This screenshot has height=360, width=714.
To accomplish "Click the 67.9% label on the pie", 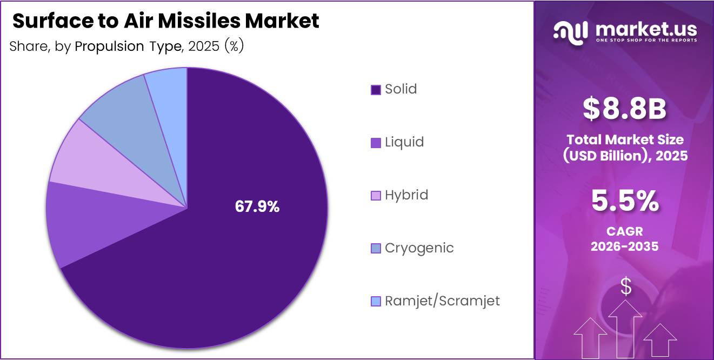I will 257,206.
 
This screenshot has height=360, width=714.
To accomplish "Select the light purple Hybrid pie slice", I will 86,162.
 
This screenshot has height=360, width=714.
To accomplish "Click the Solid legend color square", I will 376,90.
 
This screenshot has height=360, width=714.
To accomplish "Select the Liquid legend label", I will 404,142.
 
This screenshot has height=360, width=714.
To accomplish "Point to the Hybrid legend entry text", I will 406,195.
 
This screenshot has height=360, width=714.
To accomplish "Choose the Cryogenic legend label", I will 419,248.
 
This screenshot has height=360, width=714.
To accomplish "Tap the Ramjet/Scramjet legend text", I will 442,301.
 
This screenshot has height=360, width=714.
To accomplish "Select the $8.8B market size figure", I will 624,108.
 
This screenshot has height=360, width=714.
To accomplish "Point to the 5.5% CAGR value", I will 624,201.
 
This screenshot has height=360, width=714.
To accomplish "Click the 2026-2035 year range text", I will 624,246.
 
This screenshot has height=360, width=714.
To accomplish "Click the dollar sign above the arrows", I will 625,286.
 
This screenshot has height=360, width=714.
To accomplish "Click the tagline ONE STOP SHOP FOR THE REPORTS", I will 645,40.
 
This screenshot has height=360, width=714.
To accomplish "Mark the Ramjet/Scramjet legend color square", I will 376,302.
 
